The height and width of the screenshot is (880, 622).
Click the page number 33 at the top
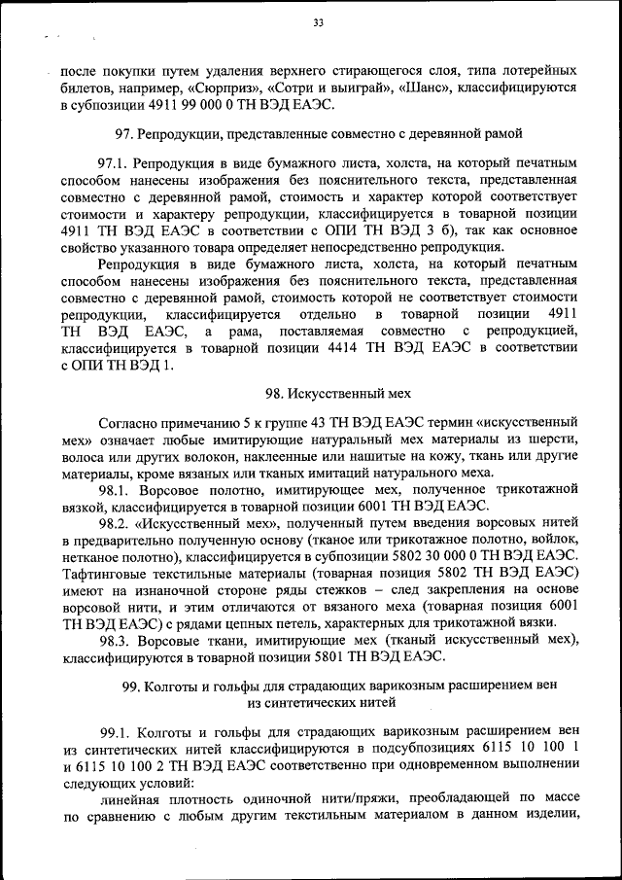pos(318,23)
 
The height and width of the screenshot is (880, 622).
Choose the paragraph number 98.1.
pos(113,489)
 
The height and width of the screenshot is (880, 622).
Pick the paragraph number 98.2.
pos(113,522)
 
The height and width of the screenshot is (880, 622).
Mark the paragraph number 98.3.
pos(113,639)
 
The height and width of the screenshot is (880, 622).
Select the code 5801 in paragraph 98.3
pos(337,655)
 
